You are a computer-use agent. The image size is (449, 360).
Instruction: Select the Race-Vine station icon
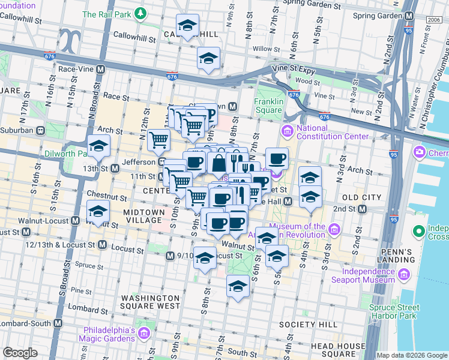coord(101,69)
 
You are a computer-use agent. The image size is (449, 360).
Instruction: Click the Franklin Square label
coord(268,106)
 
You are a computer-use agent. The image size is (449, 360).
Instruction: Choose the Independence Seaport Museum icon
coord(404,275)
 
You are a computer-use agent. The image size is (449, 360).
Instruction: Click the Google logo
coord(20,353)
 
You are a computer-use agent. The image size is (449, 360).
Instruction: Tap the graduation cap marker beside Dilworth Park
coord(98,146)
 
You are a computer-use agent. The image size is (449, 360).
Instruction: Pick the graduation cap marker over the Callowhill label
coord(188,26)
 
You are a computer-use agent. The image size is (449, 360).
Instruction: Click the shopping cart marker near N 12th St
coord(158,141)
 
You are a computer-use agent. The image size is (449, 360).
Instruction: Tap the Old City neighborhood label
coord(361,197)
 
